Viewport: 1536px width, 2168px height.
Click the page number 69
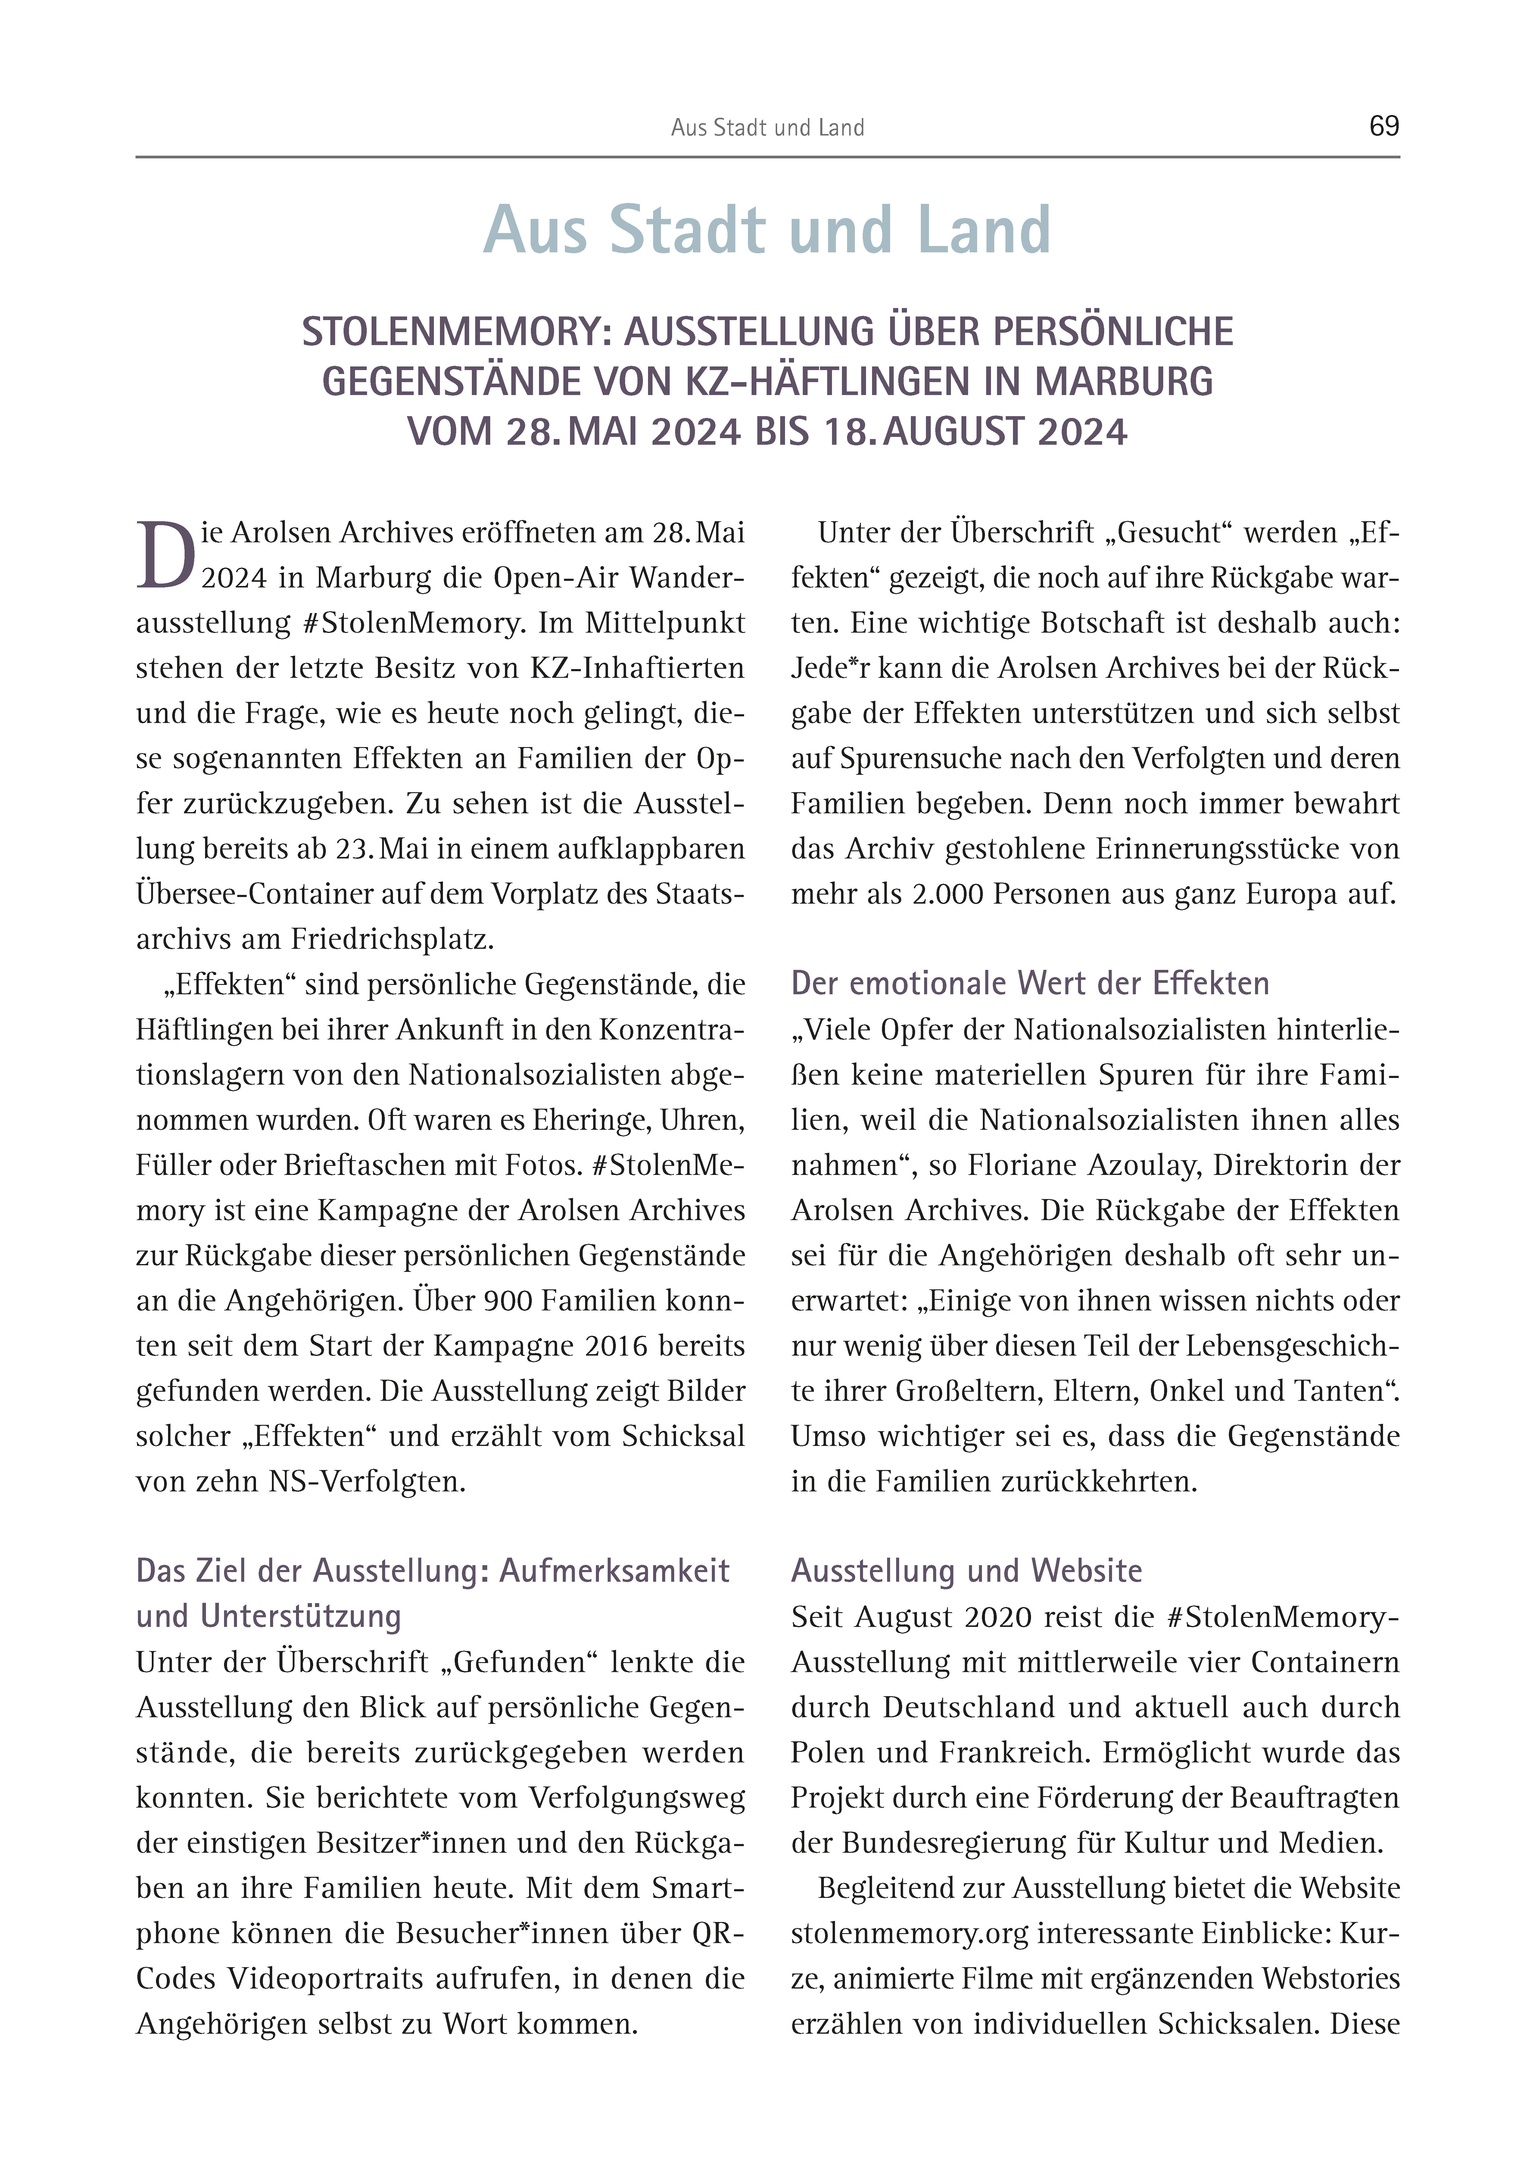click(x=1384, y=126)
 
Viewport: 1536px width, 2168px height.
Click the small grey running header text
click(x=767, y=128)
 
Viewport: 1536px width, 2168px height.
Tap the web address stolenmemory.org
click(x=909, y=1933)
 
